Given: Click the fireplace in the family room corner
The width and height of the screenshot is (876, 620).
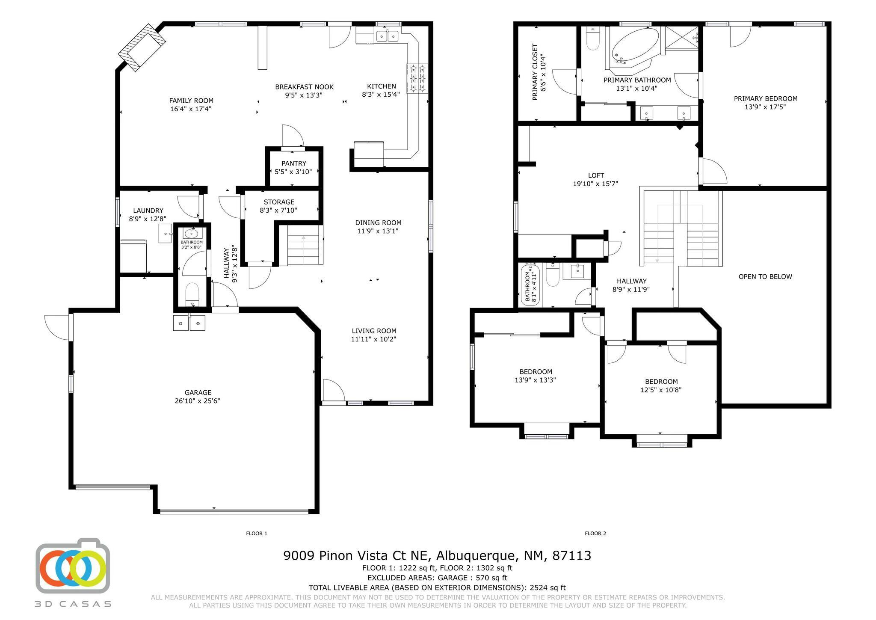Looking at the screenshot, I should [x=142, y=47].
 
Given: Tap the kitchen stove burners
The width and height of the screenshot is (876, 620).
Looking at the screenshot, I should [x=417, y=77].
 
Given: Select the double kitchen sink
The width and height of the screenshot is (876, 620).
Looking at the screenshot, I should [x=388, y=36].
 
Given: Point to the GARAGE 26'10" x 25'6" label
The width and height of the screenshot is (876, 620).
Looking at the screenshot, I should [x=198, y=397].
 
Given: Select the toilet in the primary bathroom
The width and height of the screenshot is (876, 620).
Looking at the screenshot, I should [x=592, y=40].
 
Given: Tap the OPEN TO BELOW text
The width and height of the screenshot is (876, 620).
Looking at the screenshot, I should [x=765, y=277].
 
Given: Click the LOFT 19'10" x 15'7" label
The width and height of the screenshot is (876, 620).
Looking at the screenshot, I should [x=595, y=180].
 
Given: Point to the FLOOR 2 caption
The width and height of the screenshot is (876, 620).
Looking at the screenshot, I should [x=595, y=533].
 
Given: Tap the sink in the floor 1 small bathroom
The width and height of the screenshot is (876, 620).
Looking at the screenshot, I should [x=191, y=234].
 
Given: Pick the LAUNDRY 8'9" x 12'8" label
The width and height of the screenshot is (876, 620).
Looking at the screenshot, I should [x=148, y=214].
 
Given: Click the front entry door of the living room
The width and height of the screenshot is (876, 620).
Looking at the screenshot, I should [x=333, y=392].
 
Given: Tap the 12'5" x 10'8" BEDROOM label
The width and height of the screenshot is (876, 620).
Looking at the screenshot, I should [x=661, y=386].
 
